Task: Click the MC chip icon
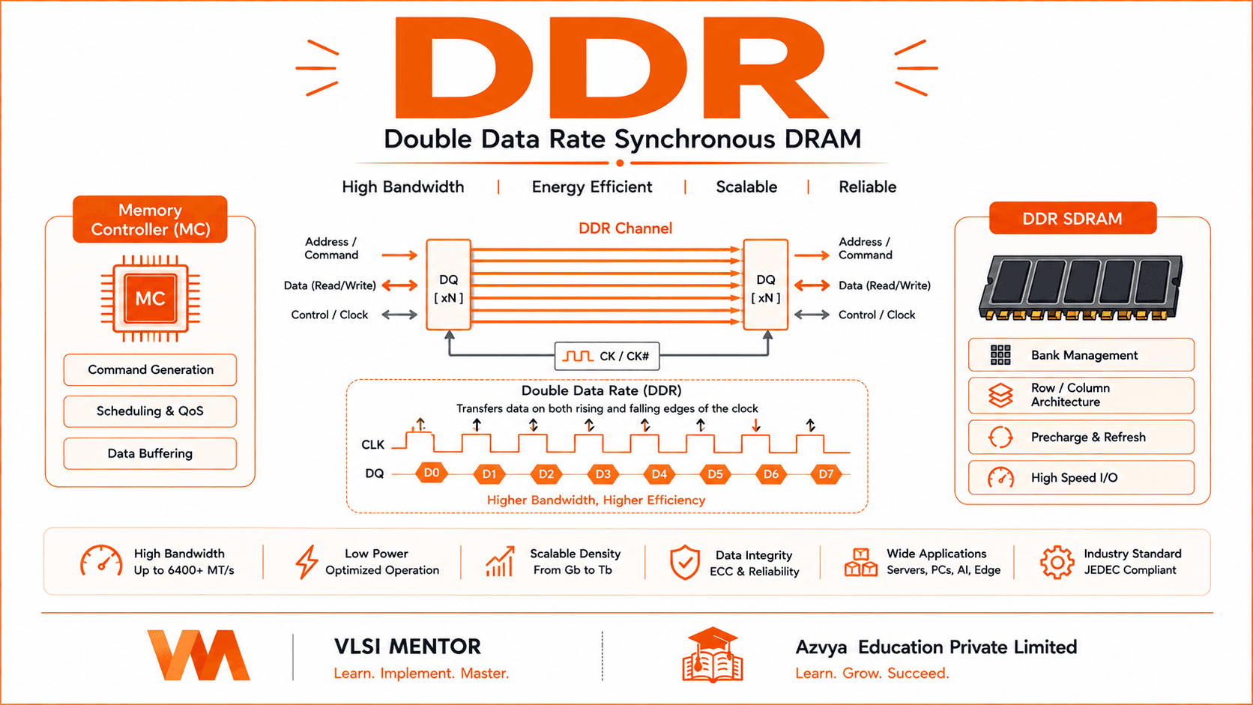click(151, 298)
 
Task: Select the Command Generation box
click(150, 369)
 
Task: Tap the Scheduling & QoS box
click(150, 411)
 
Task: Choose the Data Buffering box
click(150, 453)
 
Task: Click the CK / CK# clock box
click(607, 356)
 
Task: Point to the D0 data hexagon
click(431, 473)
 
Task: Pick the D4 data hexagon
click(659, 475)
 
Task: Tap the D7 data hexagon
click(826, 475)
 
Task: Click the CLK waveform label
click(372, 445)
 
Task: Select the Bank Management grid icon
click(1000, 355)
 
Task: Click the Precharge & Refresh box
click(1081, 438)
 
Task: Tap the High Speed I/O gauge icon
click(1000, 478)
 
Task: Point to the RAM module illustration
click(1081, 288)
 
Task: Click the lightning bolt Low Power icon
click(307, 562)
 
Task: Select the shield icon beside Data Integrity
click(685, 563)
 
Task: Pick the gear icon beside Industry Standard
click(1057, 562)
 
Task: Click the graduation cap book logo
click(713, 655)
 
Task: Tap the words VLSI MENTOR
click(407, 647)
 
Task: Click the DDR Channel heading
click(626, 228)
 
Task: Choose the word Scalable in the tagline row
click(746, 187)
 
